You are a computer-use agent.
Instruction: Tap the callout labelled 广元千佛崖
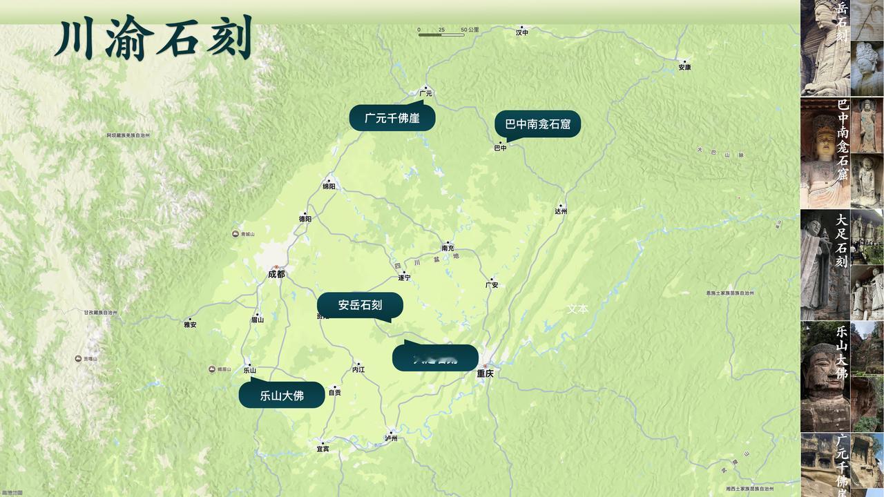pos(392,118)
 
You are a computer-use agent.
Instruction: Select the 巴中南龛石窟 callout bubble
pos(537,124)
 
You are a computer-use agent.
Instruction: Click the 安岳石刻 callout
pos(360,305)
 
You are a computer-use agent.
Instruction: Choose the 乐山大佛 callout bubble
pos(282,396)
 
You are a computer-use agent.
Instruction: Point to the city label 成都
pos(276,274)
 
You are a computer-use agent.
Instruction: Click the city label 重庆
pos(485,373)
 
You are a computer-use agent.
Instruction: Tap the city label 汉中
pos(522,32)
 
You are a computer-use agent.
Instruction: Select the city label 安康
pos(684,67)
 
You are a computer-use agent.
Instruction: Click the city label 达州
pos(561,211)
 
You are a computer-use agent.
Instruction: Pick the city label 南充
pos(448,248)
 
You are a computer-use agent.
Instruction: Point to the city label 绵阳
pos(329,186)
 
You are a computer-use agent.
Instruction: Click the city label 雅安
pos(190,324)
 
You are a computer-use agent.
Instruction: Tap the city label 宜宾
pos(323,449)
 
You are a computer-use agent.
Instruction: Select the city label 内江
pos(358,369)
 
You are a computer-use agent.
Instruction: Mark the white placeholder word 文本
pos(577,309)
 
